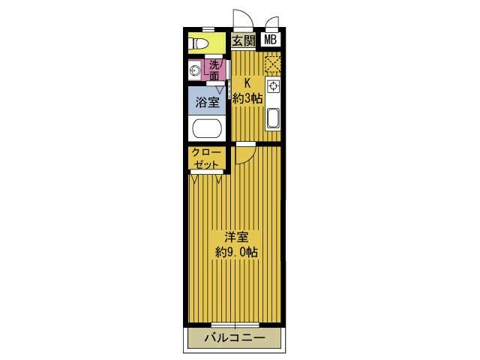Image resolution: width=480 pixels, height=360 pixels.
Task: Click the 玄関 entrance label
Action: click(243, 40)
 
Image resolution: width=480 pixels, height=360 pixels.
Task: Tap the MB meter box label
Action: click(270, 40)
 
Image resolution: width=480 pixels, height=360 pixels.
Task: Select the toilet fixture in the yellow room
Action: click(198, 43)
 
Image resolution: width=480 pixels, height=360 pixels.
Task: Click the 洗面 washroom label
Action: click(214, 70)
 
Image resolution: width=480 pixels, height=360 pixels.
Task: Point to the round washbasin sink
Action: click(195, 72)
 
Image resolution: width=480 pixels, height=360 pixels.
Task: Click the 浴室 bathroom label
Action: click(208, 102)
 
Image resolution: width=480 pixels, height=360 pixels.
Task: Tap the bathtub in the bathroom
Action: click(207, 128)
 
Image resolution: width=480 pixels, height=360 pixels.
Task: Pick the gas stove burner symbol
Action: click(272, 86)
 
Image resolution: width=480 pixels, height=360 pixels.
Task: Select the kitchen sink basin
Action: click(272, 118)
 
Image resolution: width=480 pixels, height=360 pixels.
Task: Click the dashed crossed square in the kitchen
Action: click(272, 64)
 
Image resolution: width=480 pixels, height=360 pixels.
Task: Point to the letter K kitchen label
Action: click(247, 83)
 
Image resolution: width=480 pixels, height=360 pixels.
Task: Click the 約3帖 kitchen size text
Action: click(247, 98)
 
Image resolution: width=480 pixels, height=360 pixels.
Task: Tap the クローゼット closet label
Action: click(207, 158)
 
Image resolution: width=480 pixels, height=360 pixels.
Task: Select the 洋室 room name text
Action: click(236, 237)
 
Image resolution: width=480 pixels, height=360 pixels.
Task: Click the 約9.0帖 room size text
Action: click(236, 252)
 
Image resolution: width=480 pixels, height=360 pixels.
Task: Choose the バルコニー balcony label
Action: click(235, 338)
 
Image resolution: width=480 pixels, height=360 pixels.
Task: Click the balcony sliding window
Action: click(235, 325)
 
